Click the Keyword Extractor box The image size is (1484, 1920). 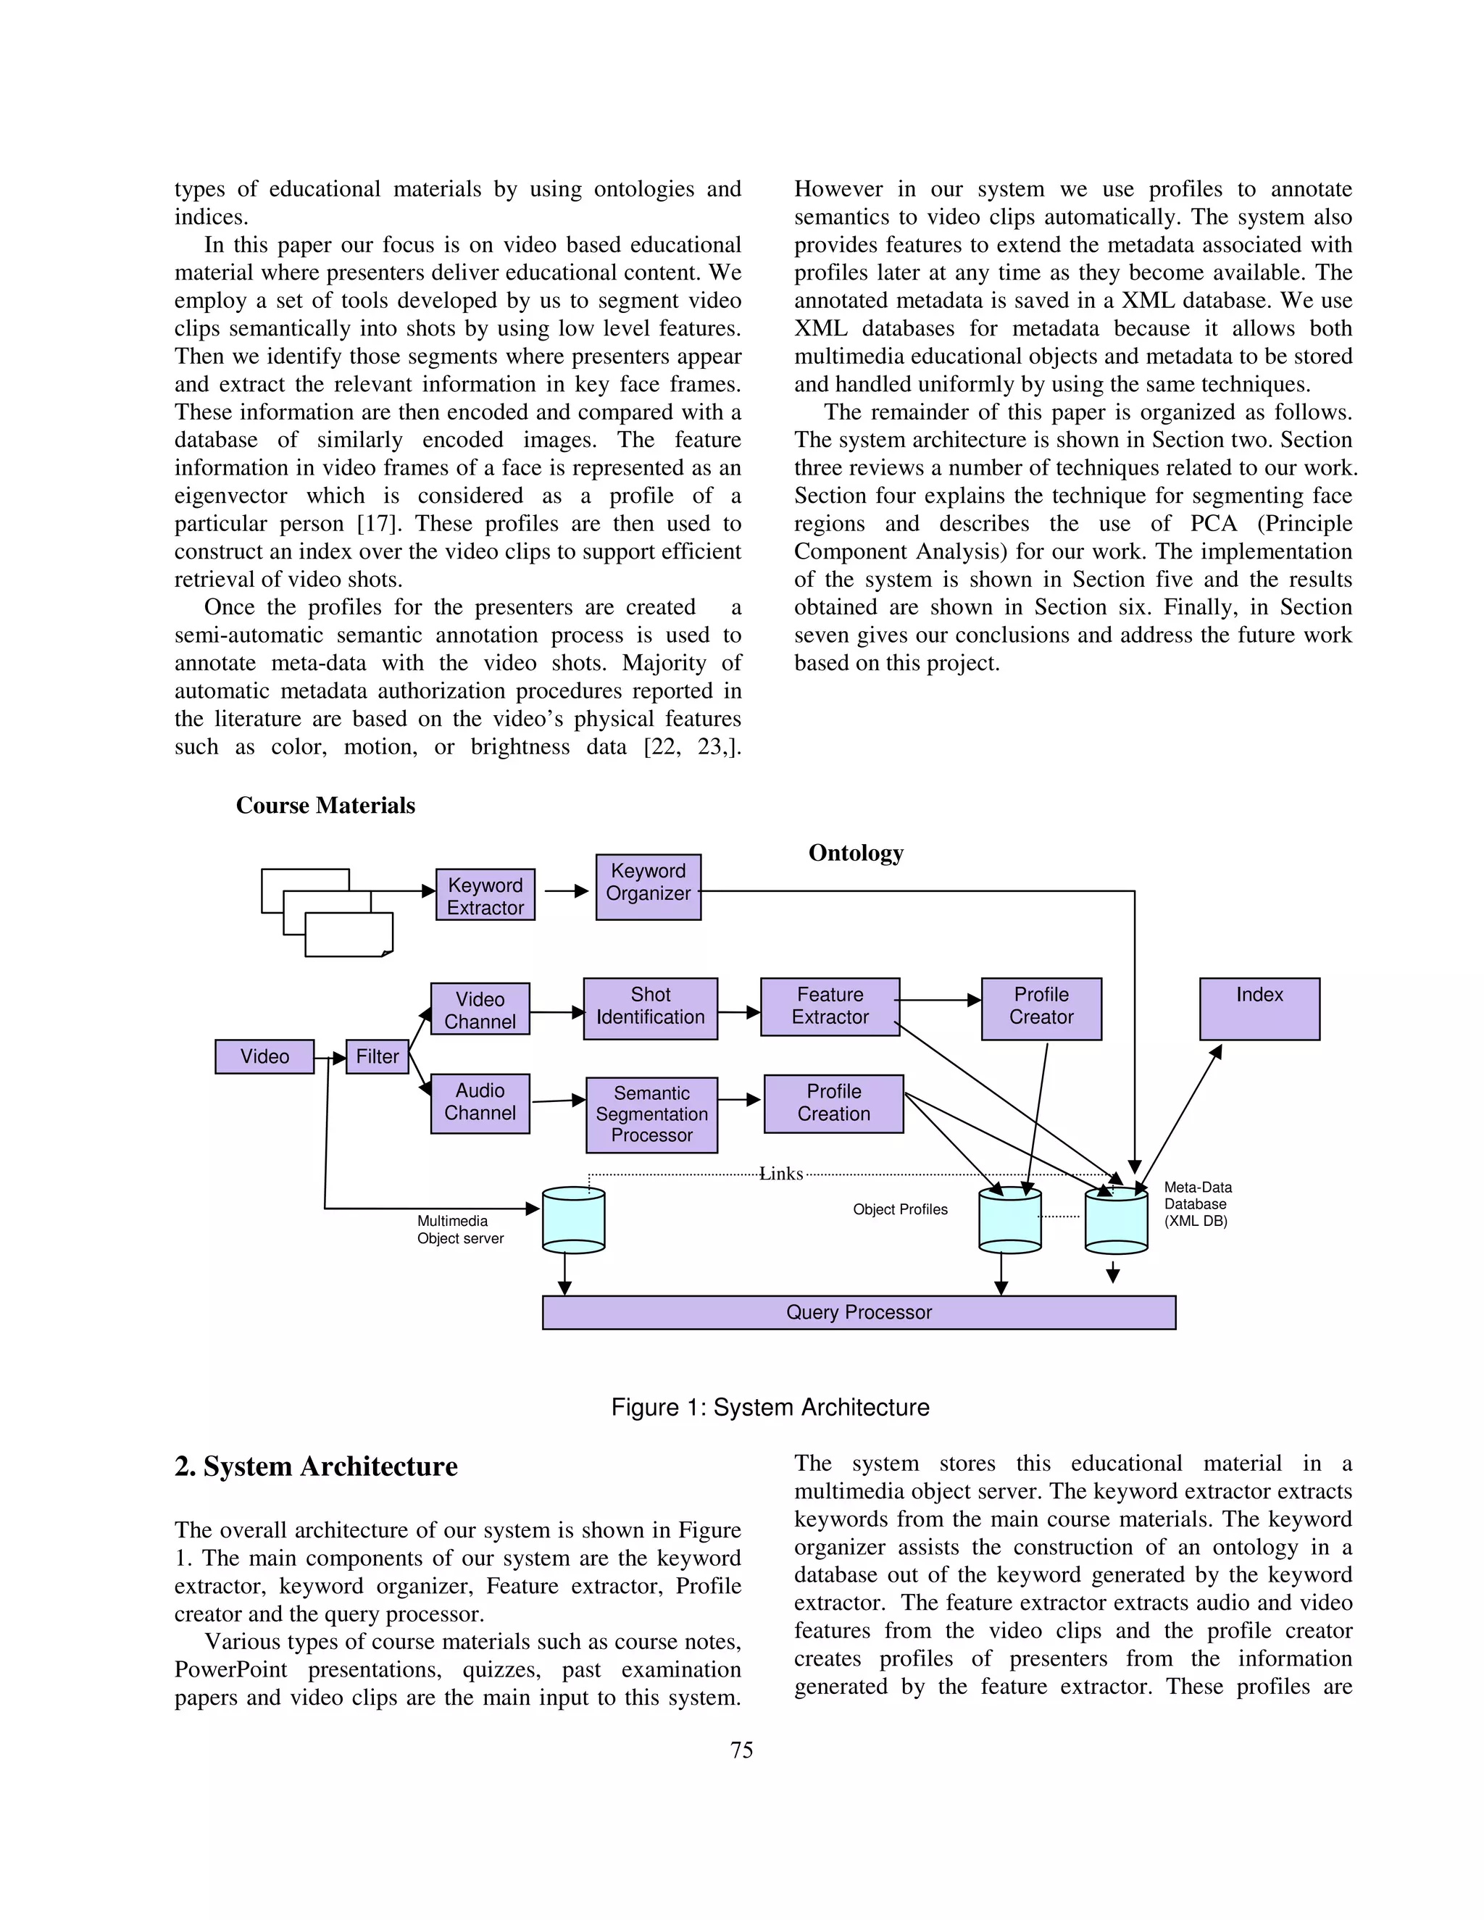click(x=485, y=895)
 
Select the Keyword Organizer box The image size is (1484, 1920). click(x=648, y=887)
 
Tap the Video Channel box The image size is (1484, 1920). click(x=480, y=1009)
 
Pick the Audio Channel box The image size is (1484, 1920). click(x=480, y=1103)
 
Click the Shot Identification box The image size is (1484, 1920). click(x=650, y=1009)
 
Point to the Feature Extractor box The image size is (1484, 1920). click(x=830, y=1006)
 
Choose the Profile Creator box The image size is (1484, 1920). click(x=1041, y=1009)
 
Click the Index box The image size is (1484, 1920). click(x=1259, y=1009)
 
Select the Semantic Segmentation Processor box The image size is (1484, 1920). click(x=651, y=1115)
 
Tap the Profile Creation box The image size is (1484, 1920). click(x=833, y=1103)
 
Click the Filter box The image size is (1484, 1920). click(x=377, y=1056)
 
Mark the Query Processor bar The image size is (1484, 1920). click(x=858, y=1313)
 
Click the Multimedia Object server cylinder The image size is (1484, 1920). click(x=573, y=1219)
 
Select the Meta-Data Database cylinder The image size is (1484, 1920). click(x=1116, y=1221)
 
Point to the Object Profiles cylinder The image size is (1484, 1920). click(x=1009, y=1220)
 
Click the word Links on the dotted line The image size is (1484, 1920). click(x=780, y=1174)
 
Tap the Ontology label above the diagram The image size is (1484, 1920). click(x=856, y=853)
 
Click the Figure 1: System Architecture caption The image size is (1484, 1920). click(x=770, y=1408)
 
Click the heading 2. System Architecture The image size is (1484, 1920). click(x=316, y=1466)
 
